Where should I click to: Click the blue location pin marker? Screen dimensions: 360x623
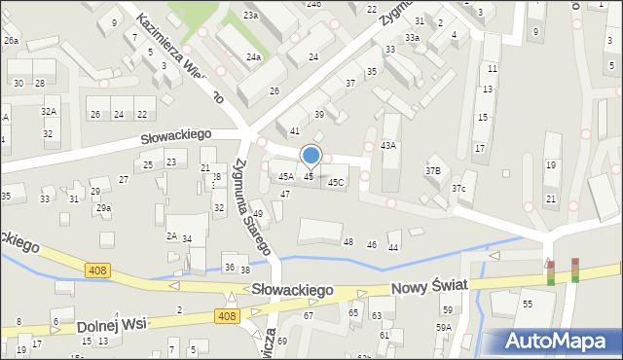[311, 157]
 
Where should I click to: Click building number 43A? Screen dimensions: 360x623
[388, 145]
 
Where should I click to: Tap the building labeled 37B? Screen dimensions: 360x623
[433, 170]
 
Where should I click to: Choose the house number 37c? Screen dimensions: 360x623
[458, 188]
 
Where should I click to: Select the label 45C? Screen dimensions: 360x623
[336, 182]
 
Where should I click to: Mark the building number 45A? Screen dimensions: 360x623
[285, 177]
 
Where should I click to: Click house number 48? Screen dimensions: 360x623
[348, 241]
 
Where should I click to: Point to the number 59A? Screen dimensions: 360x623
[443, 328]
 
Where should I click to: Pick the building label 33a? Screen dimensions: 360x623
[413, 38]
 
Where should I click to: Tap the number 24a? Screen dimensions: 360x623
[253, 57]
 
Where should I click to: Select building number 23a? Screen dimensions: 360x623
[250, 16]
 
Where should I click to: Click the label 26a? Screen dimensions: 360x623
[11, 41]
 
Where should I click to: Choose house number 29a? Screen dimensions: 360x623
[103, 208]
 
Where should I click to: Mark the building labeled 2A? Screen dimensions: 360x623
[171, 236]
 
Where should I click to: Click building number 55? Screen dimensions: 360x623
[527, 305]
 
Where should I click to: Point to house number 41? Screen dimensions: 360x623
[294, 130]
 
